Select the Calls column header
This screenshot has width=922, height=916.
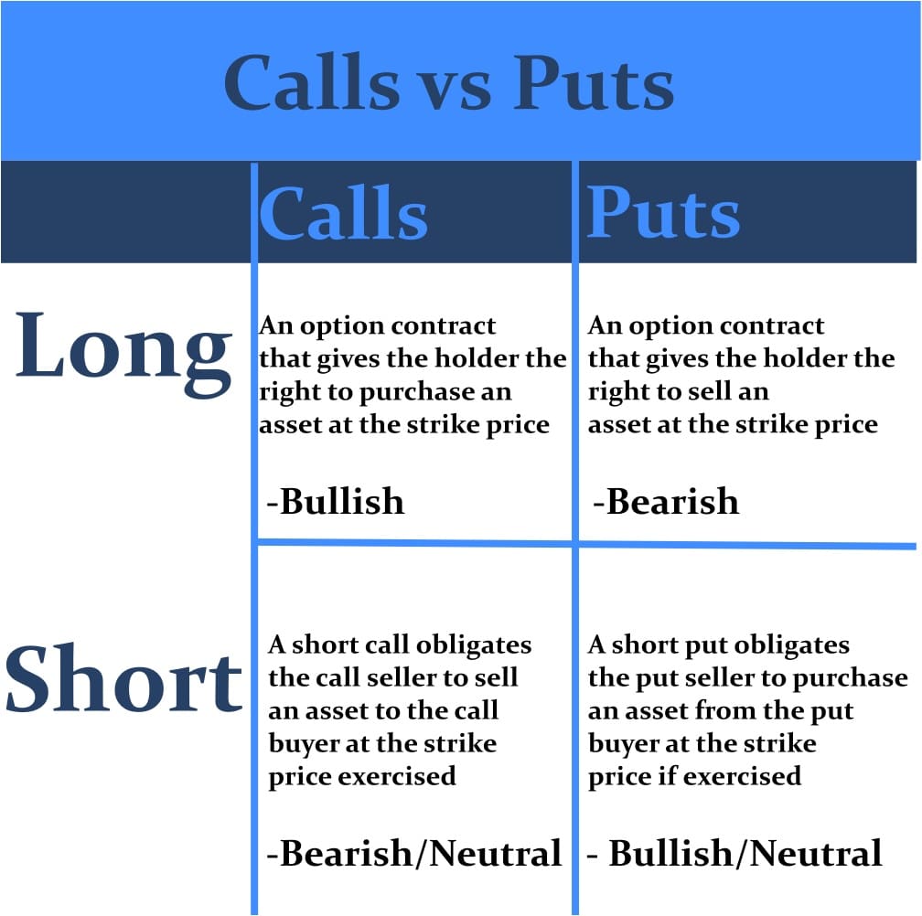[343, 213]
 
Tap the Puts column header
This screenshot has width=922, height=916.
[663, 213]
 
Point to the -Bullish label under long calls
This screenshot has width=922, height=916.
[335, 501]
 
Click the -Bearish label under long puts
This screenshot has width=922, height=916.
[665, 501]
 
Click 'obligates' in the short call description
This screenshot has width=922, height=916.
[474, 644]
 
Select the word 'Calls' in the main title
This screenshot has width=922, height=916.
[312, 84]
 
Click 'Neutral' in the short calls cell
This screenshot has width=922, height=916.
[496, 853]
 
